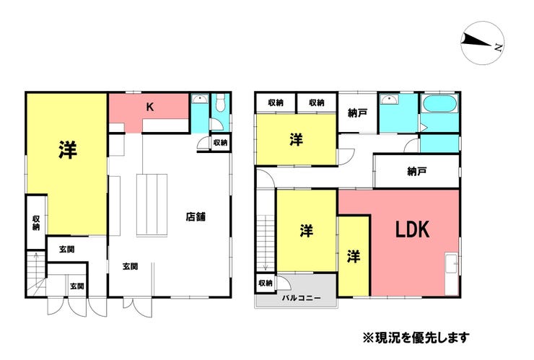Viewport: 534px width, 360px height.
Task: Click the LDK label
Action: point(412,229)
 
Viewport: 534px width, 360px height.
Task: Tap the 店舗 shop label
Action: point(196,216)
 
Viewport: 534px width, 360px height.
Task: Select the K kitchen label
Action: point(150,107)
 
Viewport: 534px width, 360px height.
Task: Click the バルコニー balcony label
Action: point(302,298)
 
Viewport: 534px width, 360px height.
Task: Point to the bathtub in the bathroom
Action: point(439,103)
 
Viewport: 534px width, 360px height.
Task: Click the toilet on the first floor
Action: point(221,102)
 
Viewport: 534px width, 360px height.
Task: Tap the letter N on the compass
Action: point(498,47)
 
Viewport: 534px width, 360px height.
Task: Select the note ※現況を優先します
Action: point(416,338)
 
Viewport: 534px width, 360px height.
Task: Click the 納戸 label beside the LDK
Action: point(417,171)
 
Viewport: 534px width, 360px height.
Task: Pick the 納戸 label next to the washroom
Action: point(357,113)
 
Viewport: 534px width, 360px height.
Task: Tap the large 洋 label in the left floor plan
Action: point(67,150)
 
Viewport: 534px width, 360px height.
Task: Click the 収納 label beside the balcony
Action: point(266,283)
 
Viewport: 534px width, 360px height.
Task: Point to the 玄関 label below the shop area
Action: point(130,266)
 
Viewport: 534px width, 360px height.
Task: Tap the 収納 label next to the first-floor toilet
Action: point(220,142)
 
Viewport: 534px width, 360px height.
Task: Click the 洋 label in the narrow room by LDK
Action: point(354,256)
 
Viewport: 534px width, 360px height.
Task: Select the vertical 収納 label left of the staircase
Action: point(36,223)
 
